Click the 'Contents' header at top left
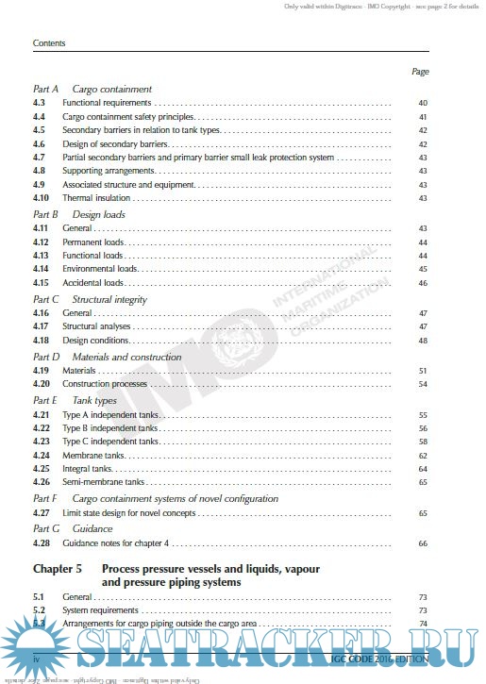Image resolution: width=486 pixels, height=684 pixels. coord(48,43)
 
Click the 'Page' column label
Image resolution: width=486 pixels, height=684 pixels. coord(420,72)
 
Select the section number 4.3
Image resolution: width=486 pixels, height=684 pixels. coord(40,102)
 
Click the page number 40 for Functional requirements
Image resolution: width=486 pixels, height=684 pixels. coord(423,102)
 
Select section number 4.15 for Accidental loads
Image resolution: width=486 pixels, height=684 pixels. coord(42,283)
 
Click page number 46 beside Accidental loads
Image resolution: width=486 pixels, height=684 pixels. coord(423,283)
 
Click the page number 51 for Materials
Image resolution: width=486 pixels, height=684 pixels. coord(423,371)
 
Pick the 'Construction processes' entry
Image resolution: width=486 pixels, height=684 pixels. coord(107,385)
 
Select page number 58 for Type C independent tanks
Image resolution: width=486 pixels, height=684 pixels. coord(423,442)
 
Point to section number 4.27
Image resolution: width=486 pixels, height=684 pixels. coord(42,512)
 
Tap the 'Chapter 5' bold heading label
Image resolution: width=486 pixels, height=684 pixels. coord(59,570)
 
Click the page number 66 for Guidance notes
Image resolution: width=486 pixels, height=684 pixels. coord(423,544)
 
